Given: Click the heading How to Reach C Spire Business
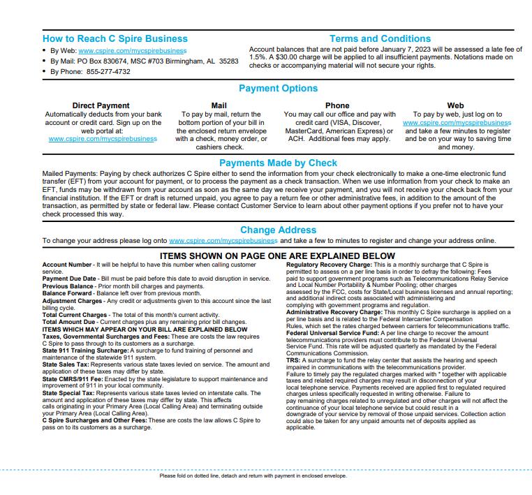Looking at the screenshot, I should tap(114, 39).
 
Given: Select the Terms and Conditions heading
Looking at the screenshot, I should tap(380, 39).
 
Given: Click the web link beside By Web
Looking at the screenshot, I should tap(133, 51).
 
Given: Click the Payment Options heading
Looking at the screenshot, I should tap(278, 88).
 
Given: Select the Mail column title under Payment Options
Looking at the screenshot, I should tap(219, 106).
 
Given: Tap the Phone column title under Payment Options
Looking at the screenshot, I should tap(337, 106).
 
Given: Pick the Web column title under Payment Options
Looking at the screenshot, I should tap(455, 106).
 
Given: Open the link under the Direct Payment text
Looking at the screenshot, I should tap(103, 139).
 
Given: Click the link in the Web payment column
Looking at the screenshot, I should tap(457, 123).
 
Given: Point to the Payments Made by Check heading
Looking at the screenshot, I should tap(278, 163).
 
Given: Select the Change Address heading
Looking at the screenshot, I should tap(278, 230).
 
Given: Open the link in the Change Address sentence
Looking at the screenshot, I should tap(223, 241).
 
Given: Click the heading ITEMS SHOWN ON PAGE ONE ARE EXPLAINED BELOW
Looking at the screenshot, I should tap(278, 256).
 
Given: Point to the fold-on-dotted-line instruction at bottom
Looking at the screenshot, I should tap(253, 476).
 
